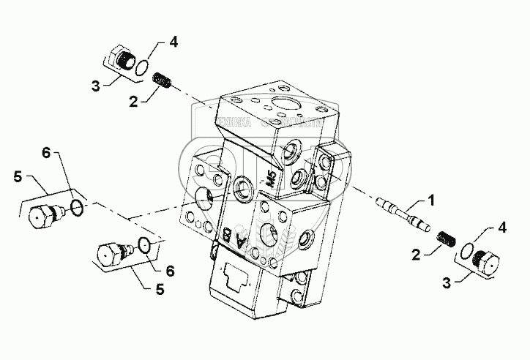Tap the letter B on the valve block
pyautogui.click(x=228, y=235)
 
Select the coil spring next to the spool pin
pyautogui.click(x=447, y=239)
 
